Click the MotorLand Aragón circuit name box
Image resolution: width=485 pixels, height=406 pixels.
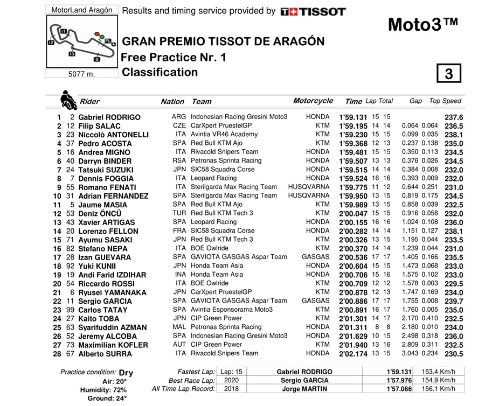click(81, 10)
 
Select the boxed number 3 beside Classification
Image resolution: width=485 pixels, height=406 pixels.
click(449, 74)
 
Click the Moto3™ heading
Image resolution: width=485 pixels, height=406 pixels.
click(423, 25)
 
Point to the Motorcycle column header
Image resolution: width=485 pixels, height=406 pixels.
click(328, 101)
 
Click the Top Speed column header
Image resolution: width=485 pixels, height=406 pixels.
click(445, 101)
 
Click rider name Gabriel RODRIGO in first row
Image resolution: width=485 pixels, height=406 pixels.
click(109, 117)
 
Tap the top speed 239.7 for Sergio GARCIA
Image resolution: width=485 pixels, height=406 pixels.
click(454, 302)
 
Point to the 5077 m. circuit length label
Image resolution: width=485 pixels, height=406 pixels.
click(81, 74)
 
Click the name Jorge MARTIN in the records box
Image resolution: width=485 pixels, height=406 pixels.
click(304, 388)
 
